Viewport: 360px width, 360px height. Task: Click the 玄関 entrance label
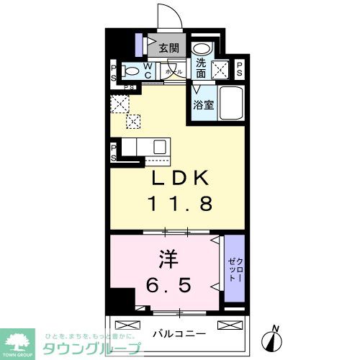[168, 49]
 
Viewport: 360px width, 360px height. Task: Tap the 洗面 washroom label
[201, 68]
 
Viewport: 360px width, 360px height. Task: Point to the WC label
[147, 71]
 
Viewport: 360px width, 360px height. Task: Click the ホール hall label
[174, 73]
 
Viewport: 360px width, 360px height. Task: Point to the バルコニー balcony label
[179, 333]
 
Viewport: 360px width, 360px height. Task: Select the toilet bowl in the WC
[132, 72]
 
